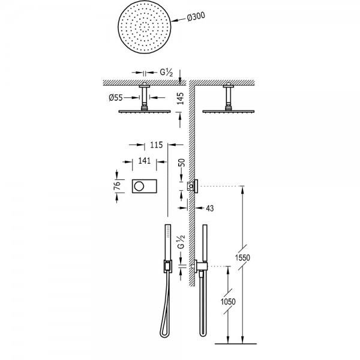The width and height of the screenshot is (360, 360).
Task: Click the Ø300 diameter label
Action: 196,17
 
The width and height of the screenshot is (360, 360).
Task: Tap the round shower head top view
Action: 145,27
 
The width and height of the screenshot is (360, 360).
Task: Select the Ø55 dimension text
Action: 116,98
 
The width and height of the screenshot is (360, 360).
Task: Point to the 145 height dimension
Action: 181,98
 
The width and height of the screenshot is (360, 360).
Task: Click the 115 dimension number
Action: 157,145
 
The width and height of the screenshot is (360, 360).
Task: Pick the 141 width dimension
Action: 145,161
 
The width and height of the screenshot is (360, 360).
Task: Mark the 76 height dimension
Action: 118,186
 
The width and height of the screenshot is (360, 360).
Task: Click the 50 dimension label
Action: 181,163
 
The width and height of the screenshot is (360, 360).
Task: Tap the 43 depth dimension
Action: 209,208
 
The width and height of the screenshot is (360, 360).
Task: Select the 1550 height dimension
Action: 242,257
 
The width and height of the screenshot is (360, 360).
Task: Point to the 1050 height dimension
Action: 228,301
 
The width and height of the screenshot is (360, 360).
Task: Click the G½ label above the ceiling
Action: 166,73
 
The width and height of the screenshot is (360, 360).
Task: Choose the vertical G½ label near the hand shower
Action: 181,242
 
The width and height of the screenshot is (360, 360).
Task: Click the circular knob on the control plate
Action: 139,186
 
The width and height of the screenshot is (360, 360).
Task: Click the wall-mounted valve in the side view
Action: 193,186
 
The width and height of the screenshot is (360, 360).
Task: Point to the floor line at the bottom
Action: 235,344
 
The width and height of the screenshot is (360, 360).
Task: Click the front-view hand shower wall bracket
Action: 168,266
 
